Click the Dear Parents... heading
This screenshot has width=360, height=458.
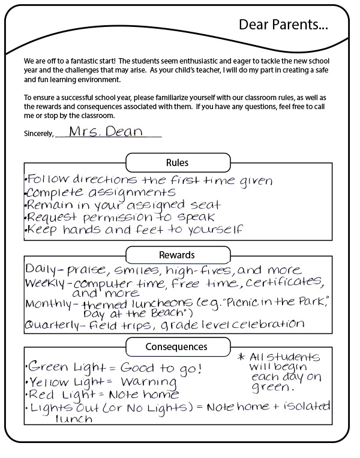pyautogui.click(x=283, y=25)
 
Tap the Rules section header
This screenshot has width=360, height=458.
pyautogui.click(x=177, y=162)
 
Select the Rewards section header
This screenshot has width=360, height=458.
pyautogui.click(x=177, y=255)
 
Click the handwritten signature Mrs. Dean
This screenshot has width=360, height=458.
pyautogui.click(x=105, y=131)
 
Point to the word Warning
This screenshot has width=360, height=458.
pyautogui.click(x=148, y=382)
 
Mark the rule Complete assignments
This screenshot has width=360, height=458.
pyautogui.click(x=101, y=192)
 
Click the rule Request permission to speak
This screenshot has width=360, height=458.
pyautogui.click(x=120, y=217)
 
